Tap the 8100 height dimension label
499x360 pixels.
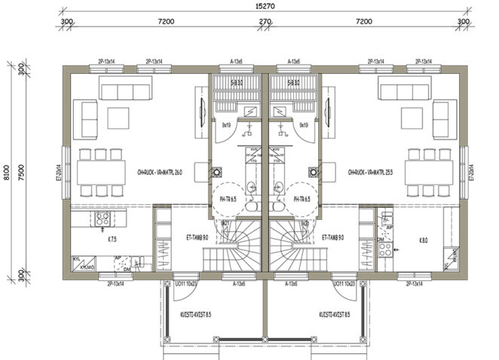(x=8, y=173)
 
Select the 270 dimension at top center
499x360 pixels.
(x=265, y=23)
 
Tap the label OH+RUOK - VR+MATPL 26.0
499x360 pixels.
(x=155, y=172)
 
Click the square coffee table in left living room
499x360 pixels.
(x=118, y=117)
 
